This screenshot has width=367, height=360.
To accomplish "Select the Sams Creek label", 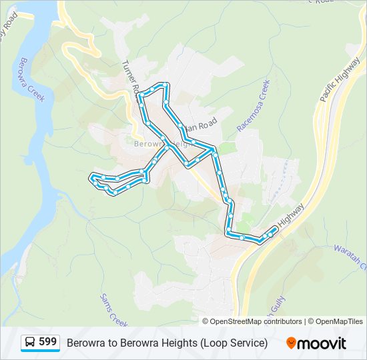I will [x=113, y=310].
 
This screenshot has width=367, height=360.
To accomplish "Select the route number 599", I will [x=48, y=342].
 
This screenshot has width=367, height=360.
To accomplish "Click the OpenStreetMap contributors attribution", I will [x=256, y=321].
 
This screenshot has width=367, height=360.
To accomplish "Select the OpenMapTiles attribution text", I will [x=339, y=321].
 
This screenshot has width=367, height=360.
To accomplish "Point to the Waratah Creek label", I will [x=351, y=257].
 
